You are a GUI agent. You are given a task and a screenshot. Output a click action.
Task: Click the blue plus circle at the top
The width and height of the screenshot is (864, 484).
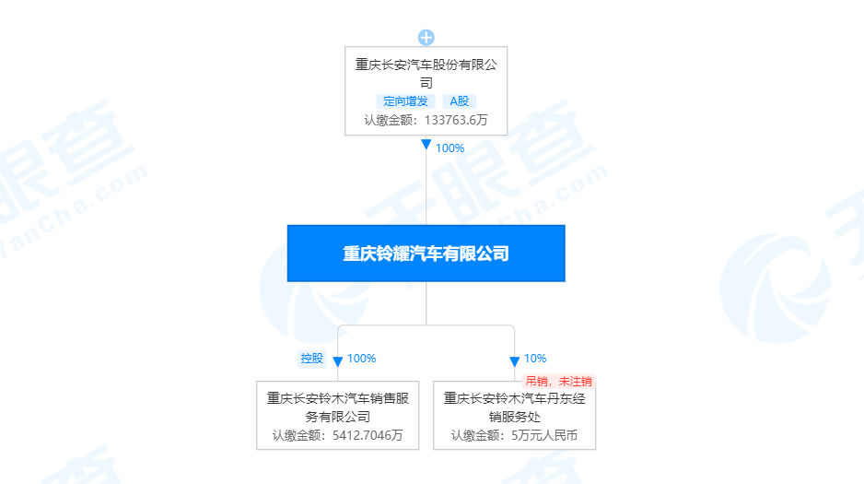pyautogui.click(x=426, y=38)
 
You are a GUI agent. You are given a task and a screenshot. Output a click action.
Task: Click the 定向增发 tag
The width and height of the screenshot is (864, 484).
pyautogui.click(x=406, y=101)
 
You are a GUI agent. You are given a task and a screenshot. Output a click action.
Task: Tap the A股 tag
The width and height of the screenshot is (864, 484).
pyautogui.click(x=460, y=101)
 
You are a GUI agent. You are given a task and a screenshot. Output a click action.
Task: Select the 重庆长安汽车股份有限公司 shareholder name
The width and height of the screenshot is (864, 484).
pyautogui.click(x=426, y=73)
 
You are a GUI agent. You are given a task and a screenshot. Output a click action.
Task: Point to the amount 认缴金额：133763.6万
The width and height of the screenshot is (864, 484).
pyautogui.click(x=426, y=120)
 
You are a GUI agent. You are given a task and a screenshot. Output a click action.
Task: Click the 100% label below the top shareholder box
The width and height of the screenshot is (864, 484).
pyautogui.click(x=450, y=148)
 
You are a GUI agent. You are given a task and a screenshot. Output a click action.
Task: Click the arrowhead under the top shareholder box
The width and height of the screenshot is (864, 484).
pyautogui.click(x=426, y=145)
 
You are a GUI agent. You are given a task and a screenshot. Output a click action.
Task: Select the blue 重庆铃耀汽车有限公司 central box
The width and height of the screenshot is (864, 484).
pyautogui.click(x=426, y=254)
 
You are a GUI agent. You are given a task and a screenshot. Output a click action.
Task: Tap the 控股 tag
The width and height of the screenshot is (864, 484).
pyautogui.click(x=312, y=359)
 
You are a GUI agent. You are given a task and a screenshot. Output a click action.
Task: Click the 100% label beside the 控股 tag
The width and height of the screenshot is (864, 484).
pyautogui.click(x=361, y=359)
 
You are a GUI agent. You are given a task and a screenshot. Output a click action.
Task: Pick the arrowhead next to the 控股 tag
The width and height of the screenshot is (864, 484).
pyautogui.click(x=337, y=361)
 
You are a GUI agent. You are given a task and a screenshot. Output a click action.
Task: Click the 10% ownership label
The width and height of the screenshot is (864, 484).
pyautogui.click(x=535, y=359)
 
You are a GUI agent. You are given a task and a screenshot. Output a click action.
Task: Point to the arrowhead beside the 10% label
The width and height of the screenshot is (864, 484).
pyautogui.click(x=514, y=361)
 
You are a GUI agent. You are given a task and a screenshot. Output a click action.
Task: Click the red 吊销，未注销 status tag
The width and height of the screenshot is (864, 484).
pyautogui.click(x=559, y=381)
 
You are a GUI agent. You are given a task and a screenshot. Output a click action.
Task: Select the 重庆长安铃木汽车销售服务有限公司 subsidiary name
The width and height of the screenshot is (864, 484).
pyautogui.click(x=338, y=407)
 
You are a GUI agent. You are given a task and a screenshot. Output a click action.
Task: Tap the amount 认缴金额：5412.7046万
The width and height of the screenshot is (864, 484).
pyautogui.click(x=338, y=435)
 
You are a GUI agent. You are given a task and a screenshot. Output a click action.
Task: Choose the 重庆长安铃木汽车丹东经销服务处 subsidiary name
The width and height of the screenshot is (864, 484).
pyautogui.click(x=514, y=407)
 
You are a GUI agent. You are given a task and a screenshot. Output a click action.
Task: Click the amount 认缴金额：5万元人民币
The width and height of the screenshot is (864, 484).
pyautogui.click(x=514, y=435)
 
